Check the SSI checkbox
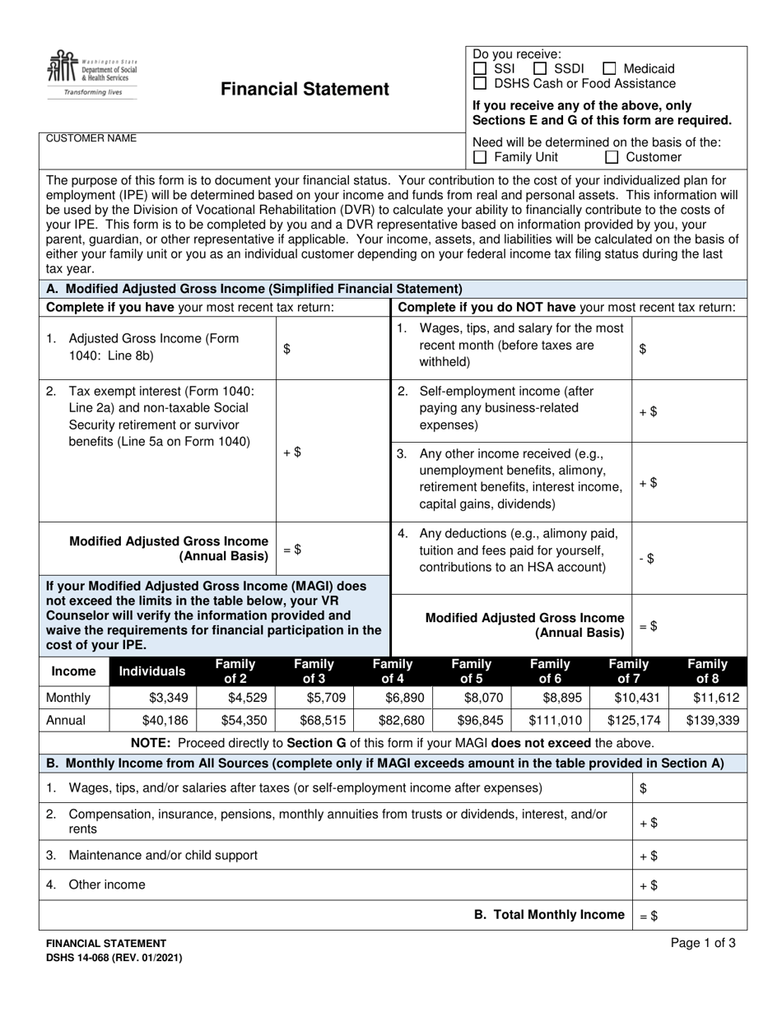(481, 69)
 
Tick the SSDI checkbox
(541, 69)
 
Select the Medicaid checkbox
(609, 69)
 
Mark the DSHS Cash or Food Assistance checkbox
(481, 84)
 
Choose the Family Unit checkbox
(481, 157)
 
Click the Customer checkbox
(612, 157)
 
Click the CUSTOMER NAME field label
(91, 138)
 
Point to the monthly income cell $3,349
(154, 698)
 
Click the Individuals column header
(153, 671)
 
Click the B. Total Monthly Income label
(549, 915)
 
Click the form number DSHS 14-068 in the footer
(114, 958)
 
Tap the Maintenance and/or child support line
(162, 855)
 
